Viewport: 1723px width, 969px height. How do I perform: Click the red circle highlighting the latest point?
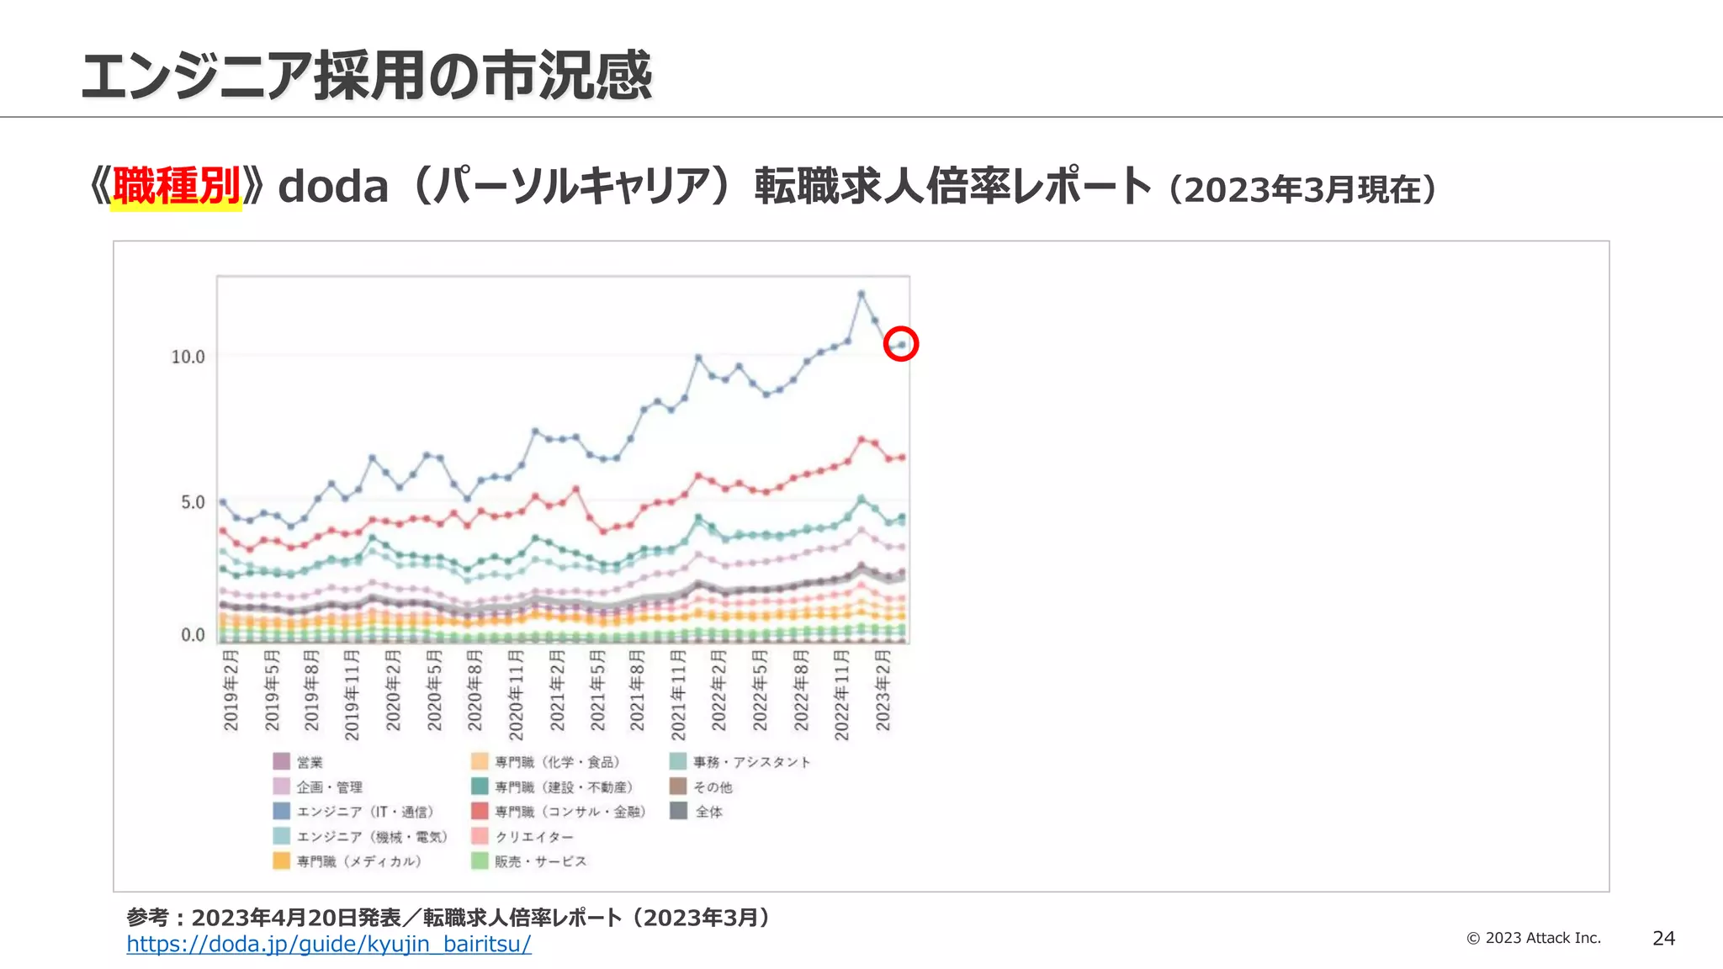coord(900,344)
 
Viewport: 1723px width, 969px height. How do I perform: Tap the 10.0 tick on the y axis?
coord(188,357)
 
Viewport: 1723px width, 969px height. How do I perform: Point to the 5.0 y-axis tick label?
coord(193,502)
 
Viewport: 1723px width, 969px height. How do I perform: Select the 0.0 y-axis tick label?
coord(193,635)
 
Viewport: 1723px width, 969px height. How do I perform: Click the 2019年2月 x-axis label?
coord(231,690)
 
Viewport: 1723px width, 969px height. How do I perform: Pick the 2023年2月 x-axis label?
coord(883,690)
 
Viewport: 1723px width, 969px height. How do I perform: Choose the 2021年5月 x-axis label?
coord(597,690)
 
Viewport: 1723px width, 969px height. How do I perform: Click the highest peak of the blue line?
coord(861,294)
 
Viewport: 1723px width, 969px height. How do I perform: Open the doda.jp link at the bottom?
coord(328,944)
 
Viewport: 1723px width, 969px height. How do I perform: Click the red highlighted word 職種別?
coord(177,187)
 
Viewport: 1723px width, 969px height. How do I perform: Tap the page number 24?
coord(1663,939)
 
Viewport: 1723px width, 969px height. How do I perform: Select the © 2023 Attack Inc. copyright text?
coord(1533,938)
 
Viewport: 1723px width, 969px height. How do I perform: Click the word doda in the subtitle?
coord(333,187)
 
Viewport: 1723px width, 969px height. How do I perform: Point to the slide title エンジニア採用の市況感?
coord(366,76)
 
